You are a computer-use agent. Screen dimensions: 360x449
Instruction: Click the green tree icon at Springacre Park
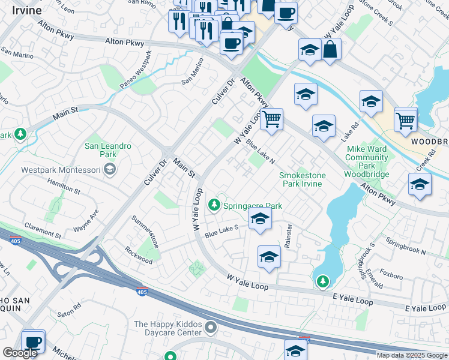pyautogui.click(x=214, y=206)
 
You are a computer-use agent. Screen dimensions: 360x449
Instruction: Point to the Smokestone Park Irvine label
pyautogui.click(x=303, y=179)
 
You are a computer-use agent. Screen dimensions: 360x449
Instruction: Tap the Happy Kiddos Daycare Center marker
pyautogui.click(x=210, y=328)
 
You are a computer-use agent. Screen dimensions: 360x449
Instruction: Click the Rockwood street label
pyautogui.click(x=139, y=255)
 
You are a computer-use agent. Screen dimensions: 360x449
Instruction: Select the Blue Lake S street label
pyautogui.click(x=221, y=229)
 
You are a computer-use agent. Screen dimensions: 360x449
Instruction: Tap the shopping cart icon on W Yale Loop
pyautogui.click(x=272, y=119)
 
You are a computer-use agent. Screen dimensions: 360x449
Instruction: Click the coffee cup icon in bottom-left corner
pyautogui.click(x=34, y=341)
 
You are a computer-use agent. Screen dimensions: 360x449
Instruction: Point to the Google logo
pyautogui.click(x=20, y=353)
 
